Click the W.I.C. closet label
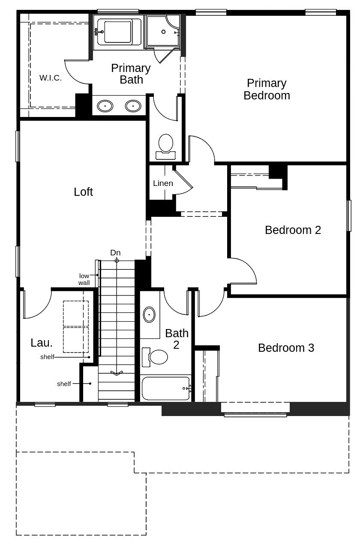pyautogui.click(x=51, y=78)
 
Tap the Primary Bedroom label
pyautogui.click(x=267, y=89)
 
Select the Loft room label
pyautogui.click(x=83, y=192)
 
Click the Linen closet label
pyautogui.click(x=163, y=183)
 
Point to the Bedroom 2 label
pyautogui.click(x=293, y=230)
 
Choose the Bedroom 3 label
pyautogui.click(x=286, y=348)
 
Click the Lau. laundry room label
pyautogui.click(x=42, y=343)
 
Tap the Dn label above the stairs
pyautogui.click(x=115, y=253)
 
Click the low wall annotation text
pyautogui.click(x=84, y=279)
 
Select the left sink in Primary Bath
pyautogui.click(x=105, y=105)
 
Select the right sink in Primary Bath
pyautogui.click(x=133, y=105)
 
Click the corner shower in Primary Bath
pyautogui.click(x=163, y=31)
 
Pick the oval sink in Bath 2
pyautogui.click(x=149, y=314)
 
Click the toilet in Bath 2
pyautogui.click(x=157, y=356)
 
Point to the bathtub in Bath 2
pyautogui.click(x=165, y=388)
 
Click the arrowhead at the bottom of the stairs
pyautogui.click(x=117, y=373)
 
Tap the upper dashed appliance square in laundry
pyautogui.click(x=76, y=314)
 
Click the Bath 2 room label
pyautogui.click(x=177, y=338)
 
